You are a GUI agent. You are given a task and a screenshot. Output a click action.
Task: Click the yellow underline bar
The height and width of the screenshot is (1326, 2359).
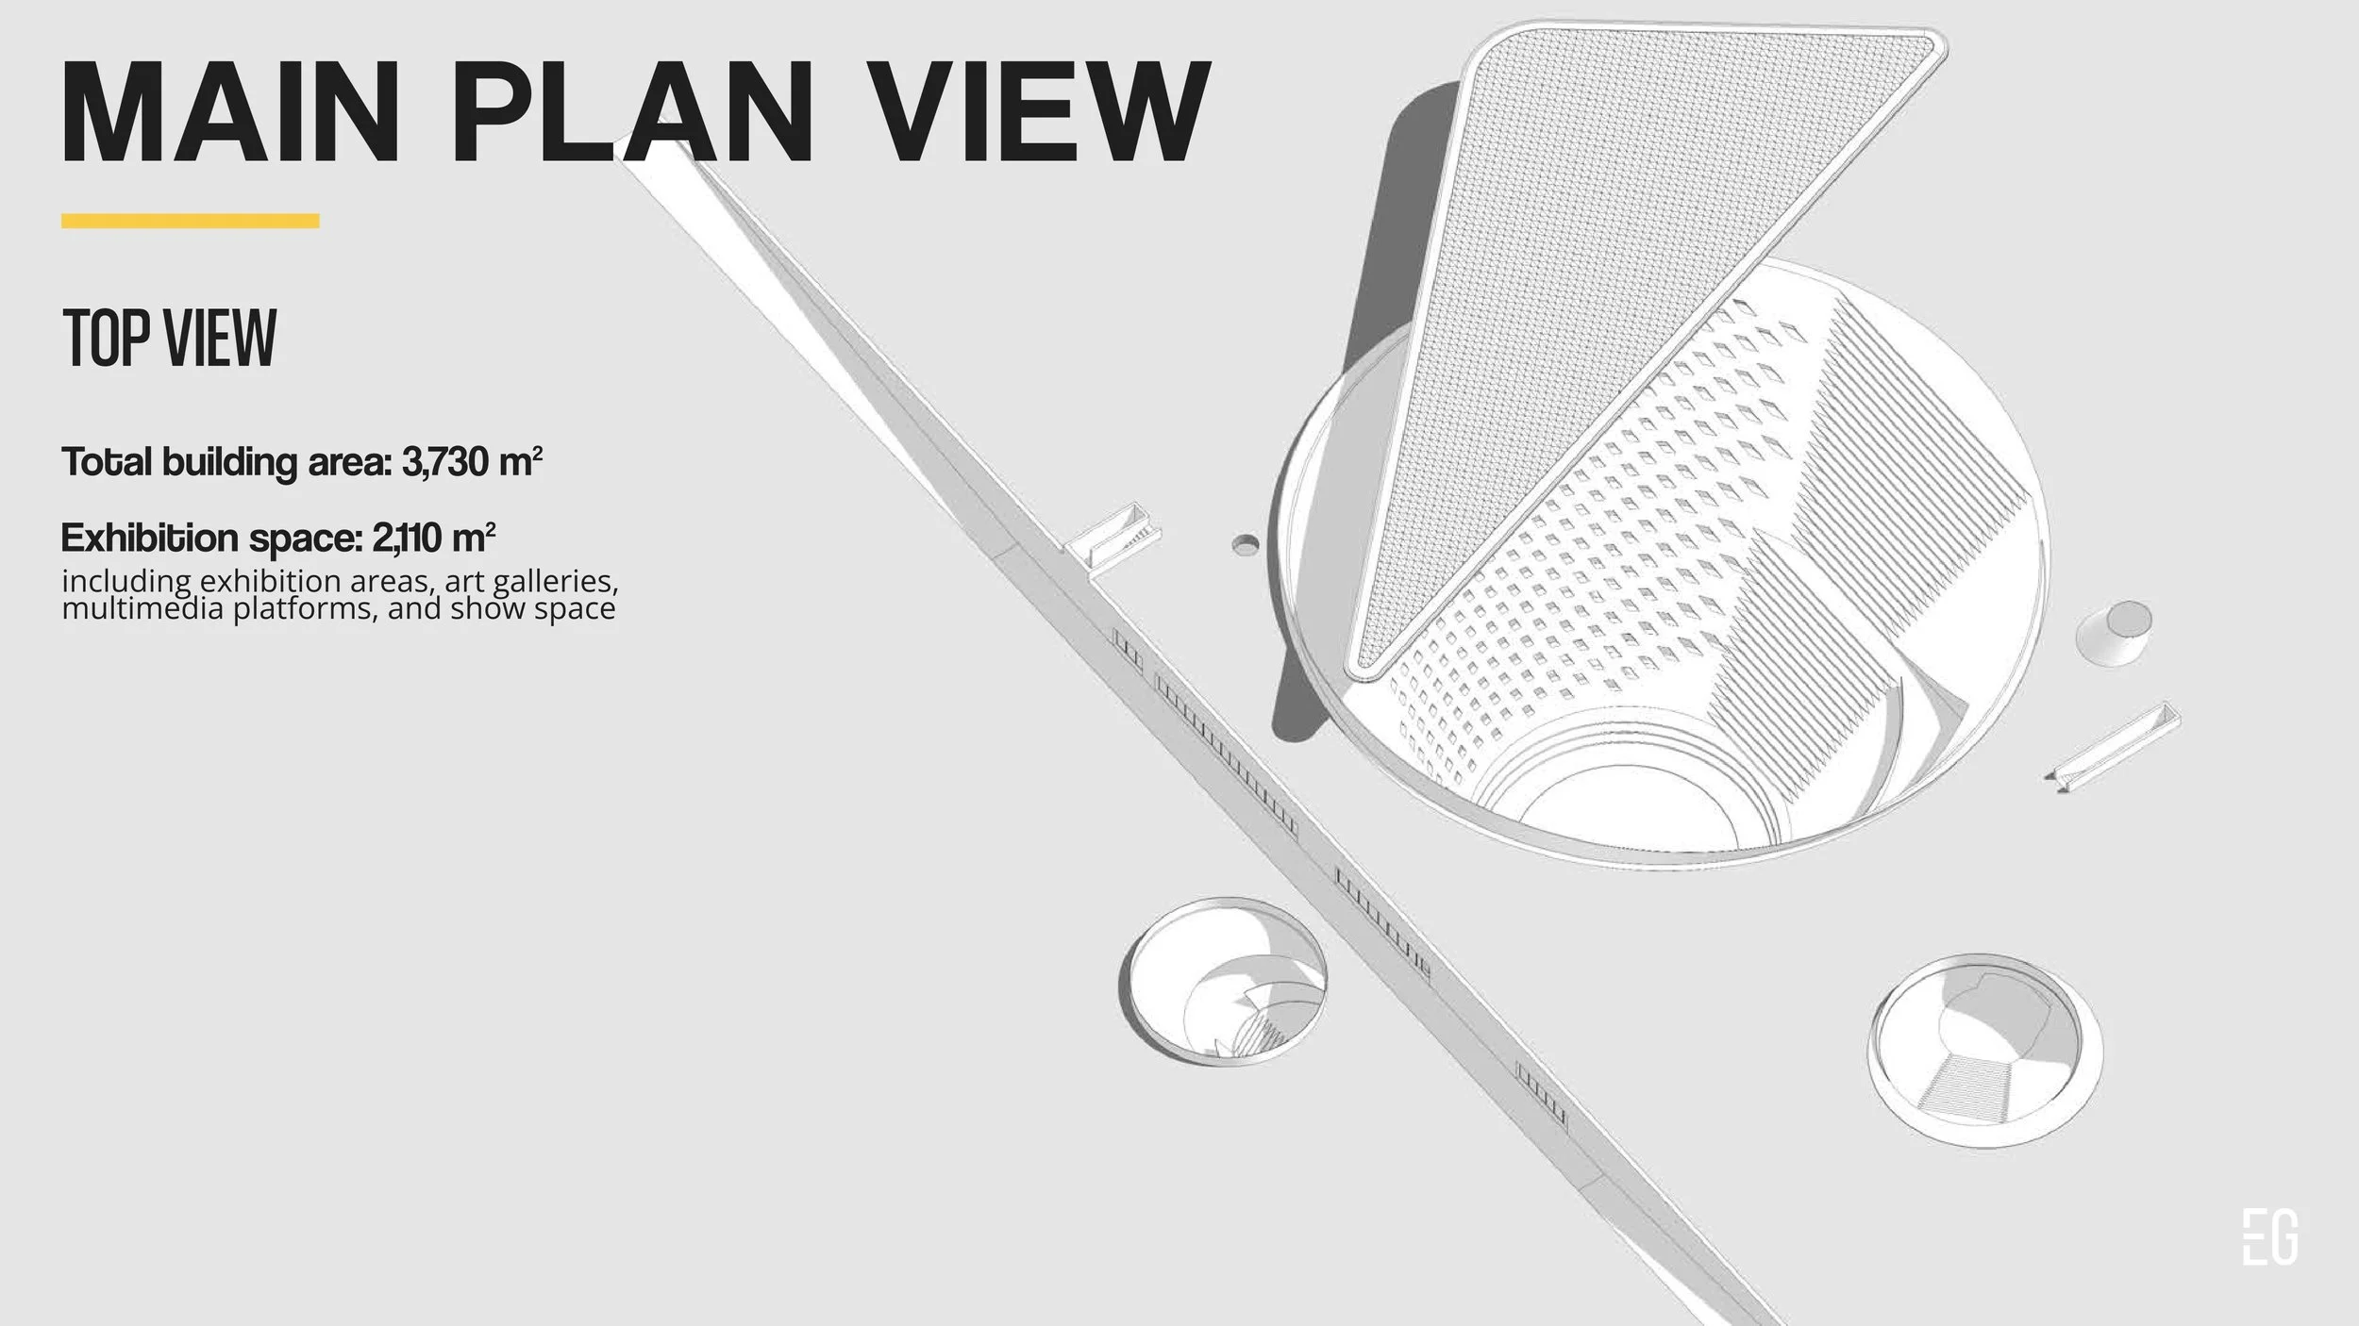pos(190,221)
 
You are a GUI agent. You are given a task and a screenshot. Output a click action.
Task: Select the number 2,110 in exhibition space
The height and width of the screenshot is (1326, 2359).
pos(408,538)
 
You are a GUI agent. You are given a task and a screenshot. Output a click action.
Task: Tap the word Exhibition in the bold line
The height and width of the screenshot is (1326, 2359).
pos(149,538)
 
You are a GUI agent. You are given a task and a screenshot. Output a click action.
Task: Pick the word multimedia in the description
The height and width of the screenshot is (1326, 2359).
pos(142,608)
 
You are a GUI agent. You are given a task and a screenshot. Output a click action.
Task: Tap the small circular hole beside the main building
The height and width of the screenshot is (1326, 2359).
pos(1246,544)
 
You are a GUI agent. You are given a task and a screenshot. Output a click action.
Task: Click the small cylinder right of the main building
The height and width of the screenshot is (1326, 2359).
pos(2114,633)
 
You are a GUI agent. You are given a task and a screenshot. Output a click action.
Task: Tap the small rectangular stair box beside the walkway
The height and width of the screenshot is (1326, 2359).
pos(1113,536)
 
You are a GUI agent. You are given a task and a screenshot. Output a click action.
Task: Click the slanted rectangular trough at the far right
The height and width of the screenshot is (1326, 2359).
pos(2115,746)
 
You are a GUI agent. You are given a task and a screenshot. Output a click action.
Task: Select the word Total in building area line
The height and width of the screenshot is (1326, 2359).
pos(106,462)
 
